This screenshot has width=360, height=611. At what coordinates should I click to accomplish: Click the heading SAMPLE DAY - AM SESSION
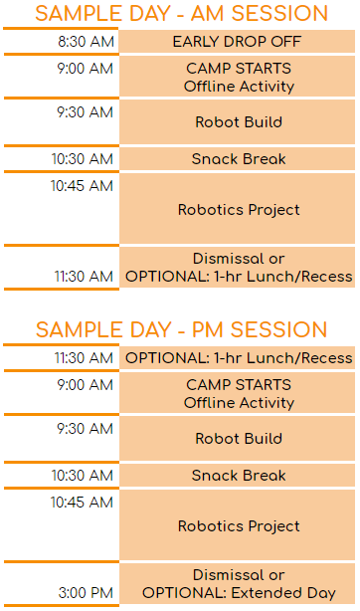(181, 13)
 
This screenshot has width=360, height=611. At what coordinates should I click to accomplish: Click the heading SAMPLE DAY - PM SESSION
(181, 329)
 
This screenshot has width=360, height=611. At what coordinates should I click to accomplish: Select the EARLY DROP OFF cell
(238, 42)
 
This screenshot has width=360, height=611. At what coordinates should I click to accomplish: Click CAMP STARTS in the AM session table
(239, 69)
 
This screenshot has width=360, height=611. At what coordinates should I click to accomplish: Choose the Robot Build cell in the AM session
(239, 122)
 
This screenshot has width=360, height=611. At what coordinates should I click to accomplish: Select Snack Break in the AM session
(239, 159)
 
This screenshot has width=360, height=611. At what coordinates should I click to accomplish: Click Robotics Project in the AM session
(239, 210)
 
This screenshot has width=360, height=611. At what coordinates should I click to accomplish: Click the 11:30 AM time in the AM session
(84, 277)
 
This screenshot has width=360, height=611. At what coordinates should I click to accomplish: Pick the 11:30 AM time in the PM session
(84, 358)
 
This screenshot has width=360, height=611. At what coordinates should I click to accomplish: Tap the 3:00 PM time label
(86, 593)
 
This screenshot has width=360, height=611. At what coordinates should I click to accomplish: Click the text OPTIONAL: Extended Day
(239, 593)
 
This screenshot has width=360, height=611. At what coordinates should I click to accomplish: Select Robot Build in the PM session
(239, 439)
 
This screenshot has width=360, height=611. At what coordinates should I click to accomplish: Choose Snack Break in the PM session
(239, 476)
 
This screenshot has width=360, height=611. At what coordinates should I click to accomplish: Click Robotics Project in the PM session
(239, 526)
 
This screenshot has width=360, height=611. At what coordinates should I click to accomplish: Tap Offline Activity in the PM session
(239, 403)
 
